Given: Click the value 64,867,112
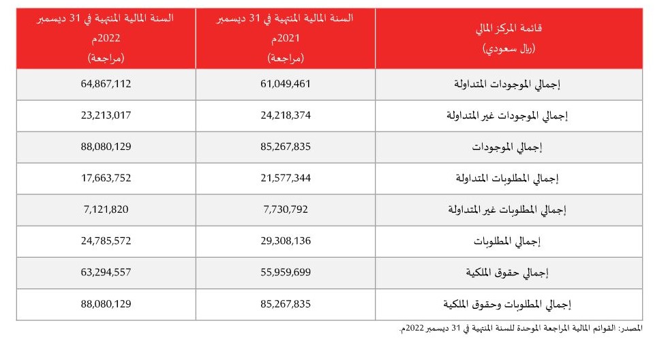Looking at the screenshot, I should (x=105, y=85).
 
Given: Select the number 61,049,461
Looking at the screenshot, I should (x=282, y=85).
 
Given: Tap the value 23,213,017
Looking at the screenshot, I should (x=105, y=115).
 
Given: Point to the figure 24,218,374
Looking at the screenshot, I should (x=282, y=115).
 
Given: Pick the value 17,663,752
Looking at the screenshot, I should (x=105, y=178).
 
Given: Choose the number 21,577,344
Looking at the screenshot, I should (x=282, y=178).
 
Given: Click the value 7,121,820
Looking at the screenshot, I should (x=105, y=209).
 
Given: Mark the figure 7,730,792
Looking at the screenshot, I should (x=282, y=209).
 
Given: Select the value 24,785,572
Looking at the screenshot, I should (x=105, y=241).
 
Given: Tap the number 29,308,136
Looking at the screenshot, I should (x=282, y=241).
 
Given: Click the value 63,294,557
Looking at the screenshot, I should (x=105, y=272).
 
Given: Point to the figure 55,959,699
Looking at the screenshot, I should (x=282, y=272).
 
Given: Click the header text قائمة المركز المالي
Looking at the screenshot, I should (x=508, y=31).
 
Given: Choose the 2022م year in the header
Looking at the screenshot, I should (x=106, y=40).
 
